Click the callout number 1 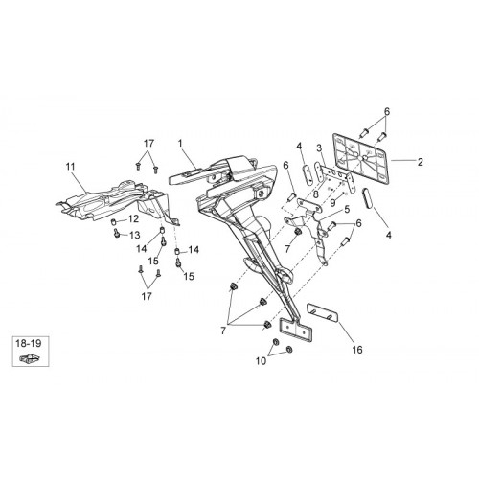(180, 144)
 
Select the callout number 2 (421, 162)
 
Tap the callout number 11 (70, 167)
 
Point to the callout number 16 (357, 350)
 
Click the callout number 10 (261, 361)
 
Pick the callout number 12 (133, 219)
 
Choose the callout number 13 (134, 236)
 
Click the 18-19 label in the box (29, 344)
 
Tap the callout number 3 (319, 148)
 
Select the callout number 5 (347, 209)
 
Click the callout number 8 (316, 194)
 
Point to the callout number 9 (332, 202)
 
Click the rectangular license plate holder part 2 (361, 159)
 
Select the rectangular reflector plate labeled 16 (323, 313)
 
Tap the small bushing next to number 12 (113, 221)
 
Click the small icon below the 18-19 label (30, 358)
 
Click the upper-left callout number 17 (148, 144)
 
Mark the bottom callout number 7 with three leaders (223, 331)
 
